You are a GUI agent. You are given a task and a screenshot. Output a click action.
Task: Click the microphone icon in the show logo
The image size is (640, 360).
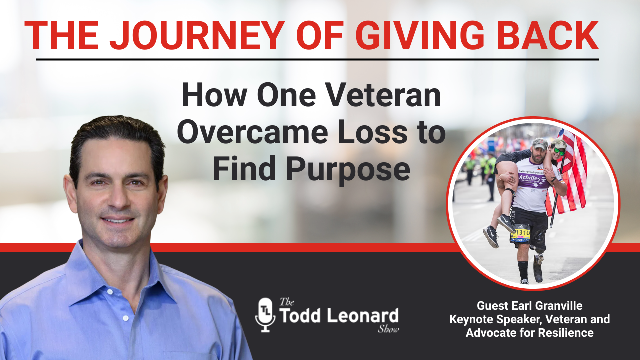click(265, 315)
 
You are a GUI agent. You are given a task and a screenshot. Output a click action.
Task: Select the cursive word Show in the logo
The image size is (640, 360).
click(388, 329)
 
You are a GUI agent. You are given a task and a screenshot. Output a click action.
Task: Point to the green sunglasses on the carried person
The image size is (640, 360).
click(559, 151)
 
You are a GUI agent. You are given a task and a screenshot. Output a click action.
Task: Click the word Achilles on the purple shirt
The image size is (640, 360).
click(530, 178)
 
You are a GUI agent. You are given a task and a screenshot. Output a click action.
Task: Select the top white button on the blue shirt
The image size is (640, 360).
click(110, 291)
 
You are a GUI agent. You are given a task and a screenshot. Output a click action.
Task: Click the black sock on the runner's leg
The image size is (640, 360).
click(523, 271)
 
